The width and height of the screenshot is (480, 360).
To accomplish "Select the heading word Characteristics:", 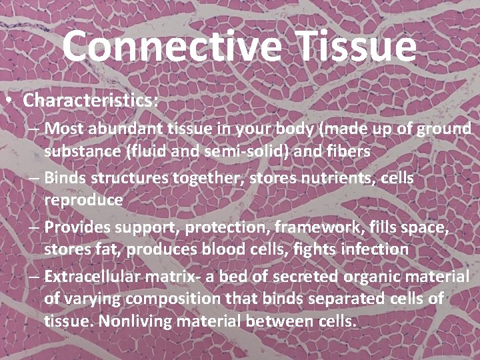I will pyautogui.click(x=91, y=101).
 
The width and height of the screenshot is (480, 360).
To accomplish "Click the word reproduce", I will pyautogui.click(x=83, y=201).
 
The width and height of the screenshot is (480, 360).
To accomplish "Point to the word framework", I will pyautogui.click(x=316, y=227).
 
